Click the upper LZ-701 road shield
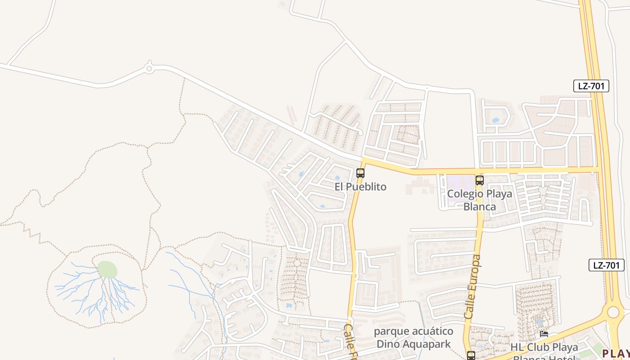point(591,86)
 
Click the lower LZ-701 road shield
point(606,265)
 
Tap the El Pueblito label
point(360,186)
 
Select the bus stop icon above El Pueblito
point(360,173)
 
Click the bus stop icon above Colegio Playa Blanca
point(479,180)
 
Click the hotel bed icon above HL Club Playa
point(544,334)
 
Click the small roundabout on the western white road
point(149,69)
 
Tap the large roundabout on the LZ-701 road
point(613,311)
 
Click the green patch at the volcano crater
point(108,270)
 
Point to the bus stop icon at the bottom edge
point(471,355)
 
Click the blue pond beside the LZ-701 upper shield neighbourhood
point(495,120)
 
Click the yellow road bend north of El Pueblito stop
point(363,161)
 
